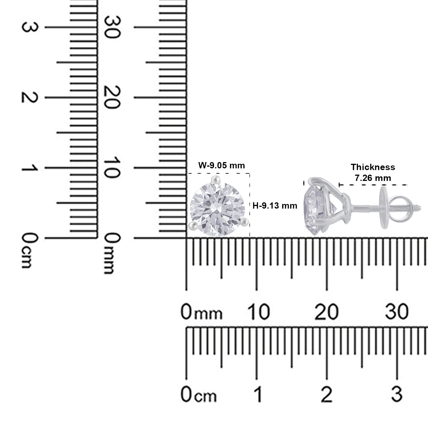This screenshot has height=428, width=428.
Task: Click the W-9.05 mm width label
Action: point(222,165)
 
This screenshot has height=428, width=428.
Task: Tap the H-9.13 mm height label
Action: point(275,205)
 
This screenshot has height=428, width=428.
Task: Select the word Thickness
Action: point(373,167)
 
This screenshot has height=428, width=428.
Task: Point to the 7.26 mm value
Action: point(373,178)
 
